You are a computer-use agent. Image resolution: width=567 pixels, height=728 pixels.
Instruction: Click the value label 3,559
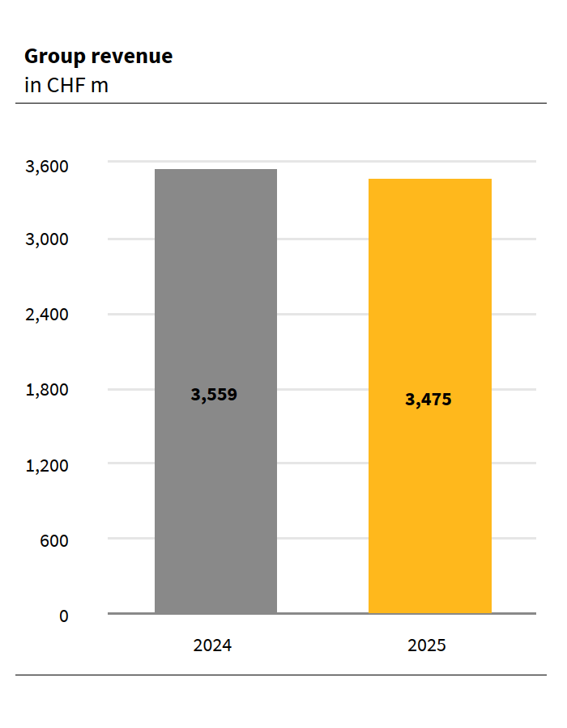(x=215, y=396)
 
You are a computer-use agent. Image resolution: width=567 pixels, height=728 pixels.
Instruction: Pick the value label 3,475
(x=428, y=400)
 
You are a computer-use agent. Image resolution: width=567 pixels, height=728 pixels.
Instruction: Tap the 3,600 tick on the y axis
(x=47, y=167)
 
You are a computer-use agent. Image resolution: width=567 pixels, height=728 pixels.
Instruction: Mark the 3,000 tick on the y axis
(x=47, y=240)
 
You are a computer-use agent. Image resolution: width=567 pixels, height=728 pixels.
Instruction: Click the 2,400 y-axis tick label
(x=47, y=315)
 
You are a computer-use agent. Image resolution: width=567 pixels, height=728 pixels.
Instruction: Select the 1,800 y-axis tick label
(x=47, y=390)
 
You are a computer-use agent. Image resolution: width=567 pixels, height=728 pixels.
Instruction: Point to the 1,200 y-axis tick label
(x=47, y=465)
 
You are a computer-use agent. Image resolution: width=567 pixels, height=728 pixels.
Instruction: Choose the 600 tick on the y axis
(x=53, y=540)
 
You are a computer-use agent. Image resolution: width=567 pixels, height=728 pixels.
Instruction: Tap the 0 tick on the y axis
(x=64, y=616)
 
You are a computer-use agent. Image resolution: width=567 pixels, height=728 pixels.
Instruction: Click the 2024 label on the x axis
(x=212, y=646)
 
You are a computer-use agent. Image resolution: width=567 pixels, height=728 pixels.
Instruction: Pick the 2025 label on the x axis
(x=427, y=646)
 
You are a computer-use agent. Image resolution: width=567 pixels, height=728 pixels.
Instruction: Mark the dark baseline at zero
(x=324, y=613)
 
